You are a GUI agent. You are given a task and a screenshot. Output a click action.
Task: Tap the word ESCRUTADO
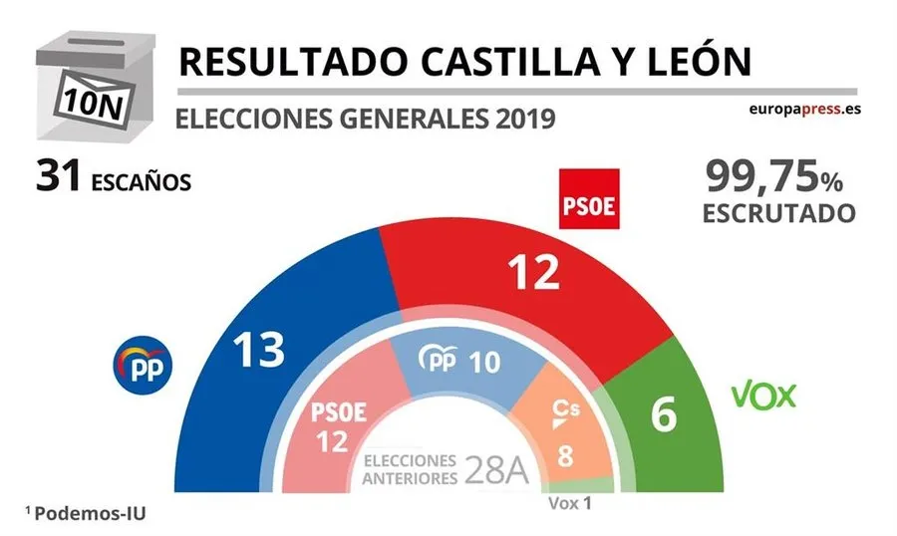pyautogui.click(x=778, y=214)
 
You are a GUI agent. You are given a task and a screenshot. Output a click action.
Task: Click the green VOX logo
pyautogui.click(x=764, y=396)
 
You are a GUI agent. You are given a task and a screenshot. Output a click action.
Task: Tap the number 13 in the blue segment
pyautogui.click(x=258, y=350)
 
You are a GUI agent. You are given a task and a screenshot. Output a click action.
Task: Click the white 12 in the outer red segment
pyautogui.click(x=532, y=271)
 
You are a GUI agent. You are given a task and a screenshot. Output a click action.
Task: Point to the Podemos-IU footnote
pyautogui.click(x=91, y=512)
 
